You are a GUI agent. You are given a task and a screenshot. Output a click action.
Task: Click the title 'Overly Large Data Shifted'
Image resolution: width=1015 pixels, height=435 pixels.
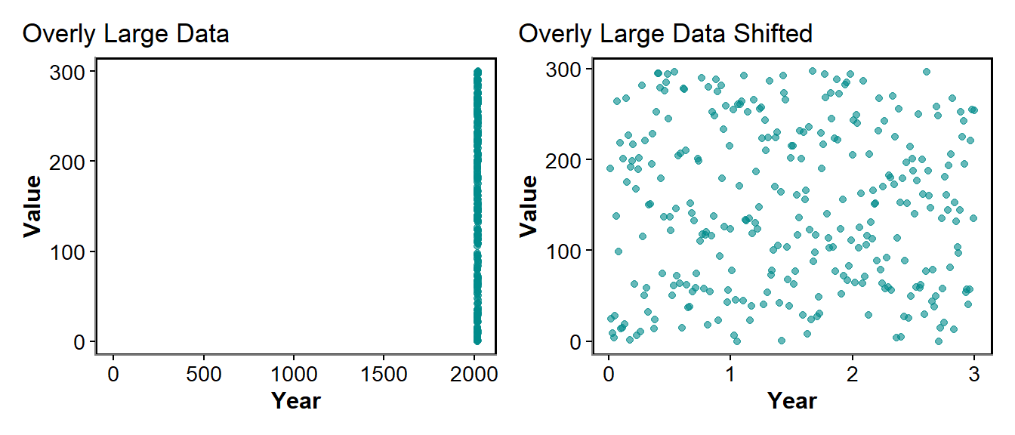(665, 34)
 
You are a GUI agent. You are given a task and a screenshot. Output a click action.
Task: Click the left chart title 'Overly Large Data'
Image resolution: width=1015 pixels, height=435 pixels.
(125, 34)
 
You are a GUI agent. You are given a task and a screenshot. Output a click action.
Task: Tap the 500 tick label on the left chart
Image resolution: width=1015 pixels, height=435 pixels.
(203, 374)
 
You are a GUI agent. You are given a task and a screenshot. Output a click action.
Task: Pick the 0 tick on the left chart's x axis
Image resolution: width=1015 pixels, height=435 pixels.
(113, 374)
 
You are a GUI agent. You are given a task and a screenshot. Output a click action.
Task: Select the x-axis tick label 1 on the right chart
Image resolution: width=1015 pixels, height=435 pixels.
(730, 374)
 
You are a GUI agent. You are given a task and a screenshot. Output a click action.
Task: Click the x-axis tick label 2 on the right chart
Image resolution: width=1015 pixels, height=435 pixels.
(853, 374)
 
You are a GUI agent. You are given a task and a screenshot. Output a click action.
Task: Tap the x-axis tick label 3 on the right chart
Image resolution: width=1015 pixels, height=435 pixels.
(974, 374)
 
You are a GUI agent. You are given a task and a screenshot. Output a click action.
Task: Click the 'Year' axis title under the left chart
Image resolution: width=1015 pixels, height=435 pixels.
(295, 400)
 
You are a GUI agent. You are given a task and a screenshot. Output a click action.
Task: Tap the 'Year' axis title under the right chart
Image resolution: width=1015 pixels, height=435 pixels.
(791, 400)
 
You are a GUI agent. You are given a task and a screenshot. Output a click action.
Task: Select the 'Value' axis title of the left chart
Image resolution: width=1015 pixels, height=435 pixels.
(32, 206)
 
